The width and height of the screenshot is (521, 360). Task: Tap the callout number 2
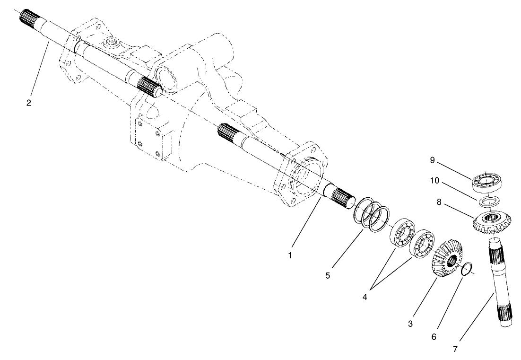(29, 103)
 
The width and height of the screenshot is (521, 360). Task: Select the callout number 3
(410, 324)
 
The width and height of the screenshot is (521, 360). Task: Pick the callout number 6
(434, 337)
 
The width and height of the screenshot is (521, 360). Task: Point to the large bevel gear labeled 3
(449, 261)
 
